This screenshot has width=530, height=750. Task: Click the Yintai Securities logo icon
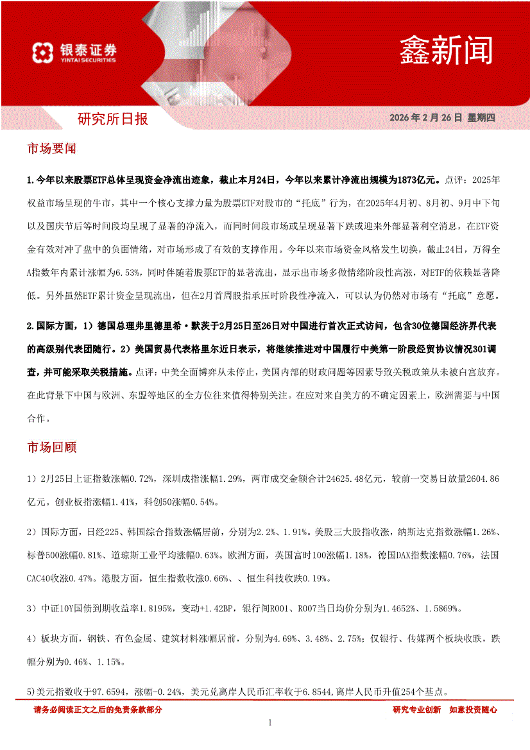(x=42, y=52)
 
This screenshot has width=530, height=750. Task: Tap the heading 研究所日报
(x=112, y=119)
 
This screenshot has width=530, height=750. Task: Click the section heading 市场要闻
(x=51, y=149)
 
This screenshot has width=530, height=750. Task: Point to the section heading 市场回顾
(x=51, y=447)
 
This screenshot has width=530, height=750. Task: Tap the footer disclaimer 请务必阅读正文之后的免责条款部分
(x=98, y=710)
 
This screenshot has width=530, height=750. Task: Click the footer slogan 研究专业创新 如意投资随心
(x=445, y=710)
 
